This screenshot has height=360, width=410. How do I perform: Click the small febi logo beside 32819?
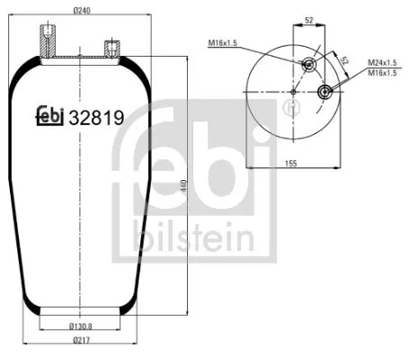point(49,116)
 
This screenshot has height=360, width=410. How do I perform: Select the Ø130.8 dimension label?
point(82,327)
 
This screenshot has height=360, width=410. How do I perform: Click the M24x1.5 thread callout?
point(383,63)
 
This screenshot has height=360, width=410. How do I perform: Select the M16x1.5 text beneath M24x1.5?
point(383,73)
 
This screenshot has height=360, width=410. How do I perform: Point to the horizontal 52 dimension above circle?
point(309,18)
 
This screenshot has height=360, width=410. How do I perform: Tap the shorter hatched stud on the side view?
point(112,47)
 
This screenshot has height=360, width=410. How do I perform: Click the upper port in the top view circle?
point(309,64)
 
